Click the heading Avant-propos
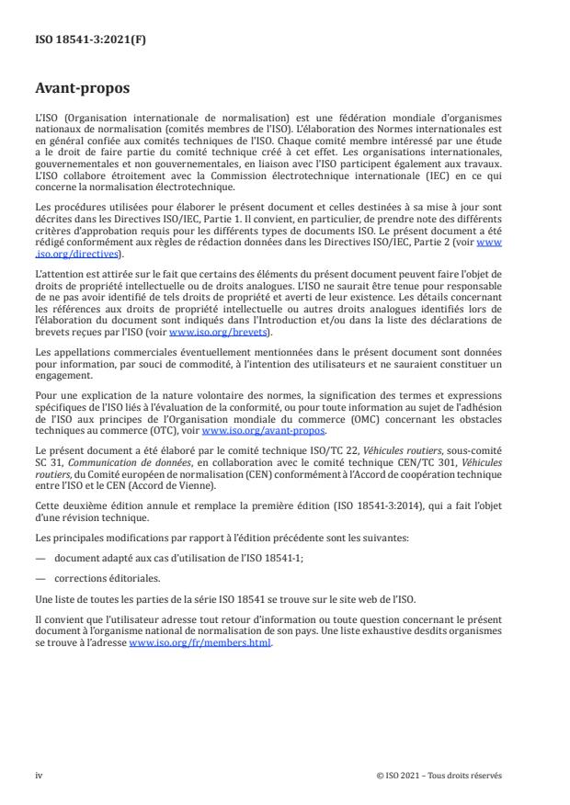point(82,90)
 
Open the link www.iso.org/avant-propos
point(262,430)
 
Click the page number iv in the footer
point(39,775)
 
